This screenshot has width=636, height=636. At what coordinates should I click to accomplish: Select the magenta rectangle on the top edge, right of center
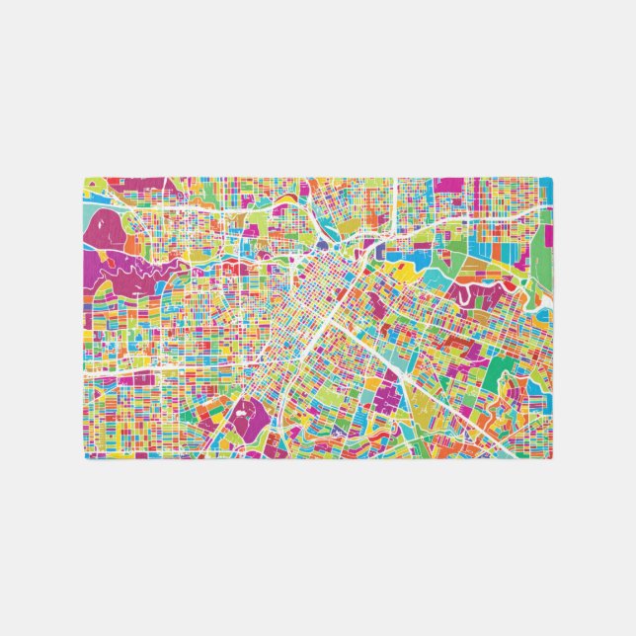point(449,185)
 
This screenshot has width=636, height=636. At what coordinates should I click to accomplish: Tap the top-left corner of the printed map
point(83,177)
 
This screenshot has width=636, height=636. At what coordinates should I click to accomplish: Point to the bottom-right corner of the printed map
point(553,459)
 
